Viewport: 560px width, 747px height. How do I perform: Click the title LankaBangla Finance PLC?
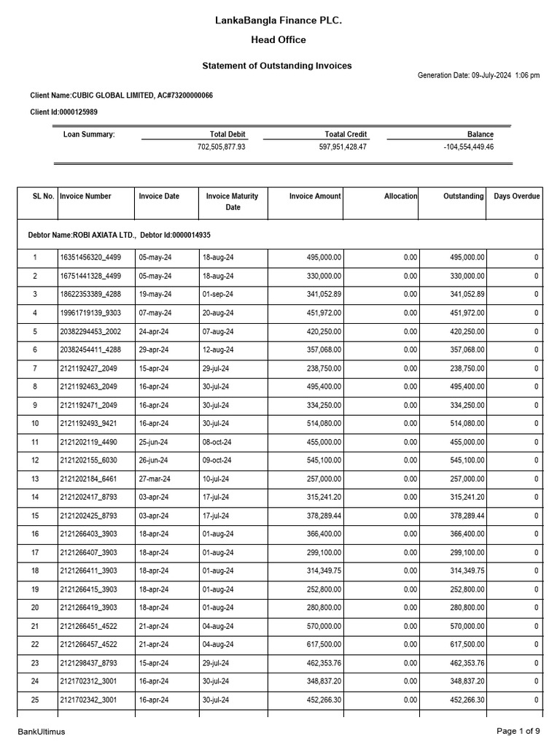click(x=279, y=21)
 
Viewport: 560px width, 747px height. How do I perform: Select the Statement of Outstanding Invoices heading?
click(x=276, y=66)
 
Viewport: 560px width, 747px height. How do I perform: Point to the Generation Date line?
click(x=478, y=76)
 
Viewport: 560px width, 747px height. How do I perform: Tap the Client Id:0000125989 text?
click(x=63, y=112)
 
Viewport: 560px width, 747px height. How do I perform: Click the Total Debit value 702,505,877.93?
click(x=221, y=147)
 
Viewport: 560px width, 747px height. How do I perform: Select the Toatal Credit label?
click(x=346, y=134)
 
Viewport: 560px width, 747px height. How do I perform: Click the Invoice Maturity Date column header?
click(x=233, y=201)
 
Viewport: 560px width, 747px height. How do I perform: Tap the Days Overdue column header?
click(x=516, y=196)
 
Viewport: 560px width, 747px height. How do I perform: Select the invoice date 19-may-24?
click(x=155, y=294)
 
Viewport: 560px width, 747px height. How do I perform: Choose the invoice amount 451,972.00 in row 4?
click(x=318, y=313)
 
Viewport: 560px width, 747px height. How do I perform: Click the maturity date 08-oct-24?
click(x=217, y=442)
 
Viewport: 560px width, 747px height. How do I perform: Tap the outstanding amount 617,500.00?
click(x=463, y=645)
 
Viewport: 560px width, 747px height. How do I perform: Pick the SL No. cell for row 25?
click(x=35, y=700)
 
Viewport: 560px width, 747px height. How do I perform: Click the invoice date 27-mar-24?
click(x=155, y=479)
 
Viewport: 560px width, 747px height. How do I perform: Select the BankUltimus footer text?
click(x=42, y=732)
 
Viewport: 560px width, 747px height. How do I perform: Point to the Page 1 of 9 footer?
click(x=518, y=731)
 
